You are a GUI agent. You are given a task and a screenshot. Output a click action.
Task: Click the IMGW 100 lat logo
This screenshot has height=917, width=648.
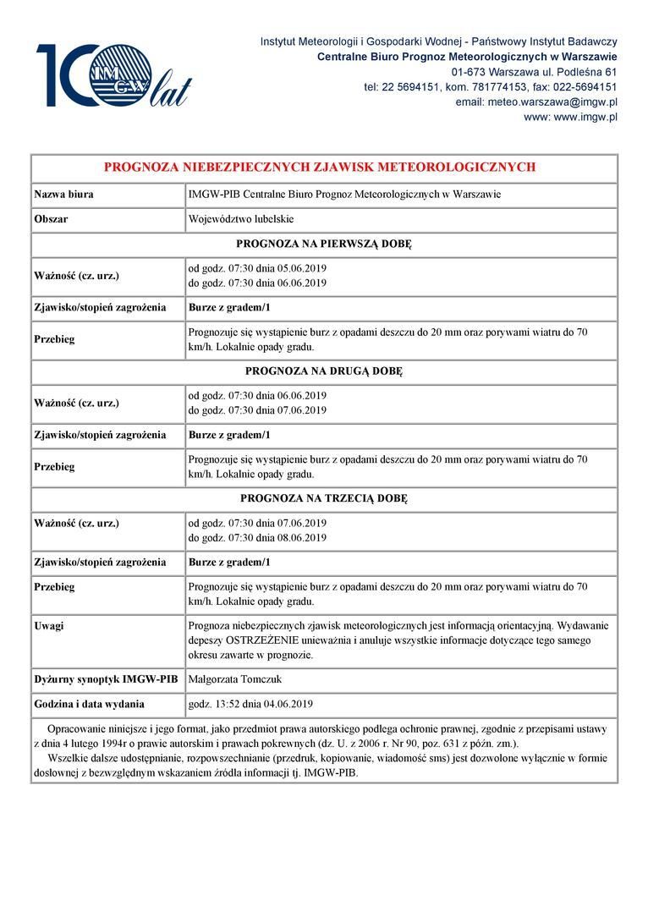tap(113, 76)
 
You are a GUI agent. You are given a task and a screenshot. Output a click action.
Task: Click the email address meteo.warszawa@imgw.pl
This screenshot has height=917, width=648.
tap(536, 102)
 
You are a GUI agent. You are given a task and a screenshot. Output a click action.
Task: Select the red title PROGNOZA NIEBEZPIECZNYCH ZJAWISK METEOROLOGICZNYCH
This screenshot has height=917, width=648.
tap(320, 167)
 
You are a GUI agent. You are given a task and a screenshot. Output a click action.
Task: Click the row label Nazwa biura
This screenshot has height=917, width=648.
tap(63, 195)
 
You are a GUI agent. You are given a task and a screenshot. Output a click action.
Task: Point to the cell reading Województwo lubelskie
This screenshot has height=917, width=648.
tap(241, 219)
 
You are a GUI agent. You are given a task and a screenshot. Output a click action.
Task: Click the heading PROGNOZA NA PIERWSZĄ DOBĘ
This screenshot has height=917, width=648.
tap(324, 244)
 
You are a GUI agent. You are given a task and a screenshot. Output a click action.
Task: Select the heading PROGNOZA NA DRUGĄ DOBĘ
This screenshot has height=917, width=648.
tap(324, 371)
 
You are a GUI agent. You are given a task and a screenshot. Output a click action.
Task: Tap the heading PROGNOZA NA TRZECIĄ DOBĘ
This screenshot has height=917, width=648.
tap(324, 498)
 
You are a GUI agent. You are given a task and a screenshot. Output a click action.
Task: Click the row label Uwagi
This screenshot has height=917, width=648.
tap(49, 626)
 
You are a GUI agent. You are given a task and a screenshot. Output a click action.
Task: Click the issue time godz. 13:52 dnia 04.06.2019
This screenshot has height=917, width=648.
tap(250, 704)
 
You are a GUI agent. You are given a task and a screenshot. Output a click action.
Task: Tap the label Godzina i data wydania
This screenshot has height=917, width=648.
tap(89, 704)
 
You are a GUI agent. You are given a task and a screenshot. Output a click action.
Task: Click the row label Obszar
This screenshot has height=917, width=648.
tap(51, 219)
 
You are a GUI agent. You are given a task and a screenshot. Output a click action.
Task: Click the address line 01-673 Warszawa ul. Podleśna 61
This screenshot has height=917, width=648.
tap(534, 71)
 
